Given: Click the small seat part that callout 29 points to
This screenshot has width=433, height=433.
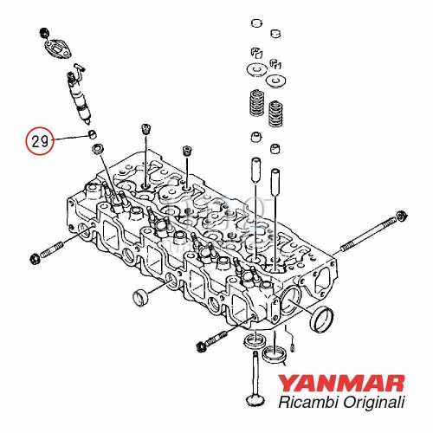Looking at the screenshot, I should point(90,136).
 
